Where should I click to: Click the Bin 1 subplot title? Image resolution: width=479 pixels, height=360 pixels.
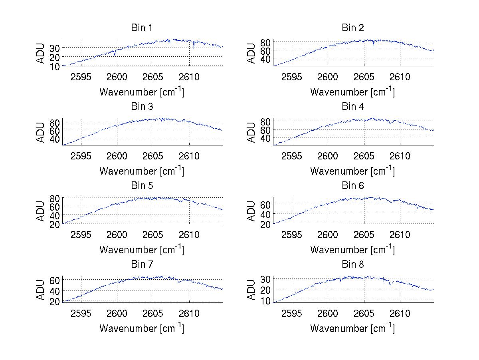(x=142, y=28)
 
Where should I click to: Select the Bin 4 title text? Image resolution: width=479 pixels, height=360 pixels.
(x=352, y=107)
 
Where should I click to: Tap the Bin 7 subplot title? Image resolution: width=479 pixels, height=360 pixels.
(x=142, y=265)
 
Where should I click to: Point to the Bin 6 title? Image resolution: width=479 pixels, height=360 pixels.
(x=352, y=186)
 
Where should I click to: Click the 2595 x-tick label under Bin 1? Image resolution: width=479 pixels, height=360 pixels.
(x=81, y=77)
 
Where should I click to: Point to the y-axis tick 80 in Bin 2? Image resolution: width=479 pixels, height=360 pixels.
(x=265, y=42)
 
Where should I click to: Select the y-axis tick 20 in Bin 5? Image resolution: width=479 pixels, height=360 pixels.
(x=55, y=224)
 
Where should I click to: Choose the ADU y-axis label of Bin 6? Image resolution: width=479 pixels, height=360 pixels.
(x=251, y=211)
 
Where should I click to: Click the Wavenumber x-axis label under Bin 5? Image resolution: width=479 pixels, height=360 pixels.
(x=142, y=250)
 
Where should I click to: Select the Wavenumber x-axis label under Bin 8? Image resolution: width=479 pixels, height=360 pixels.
(x=352, y=328)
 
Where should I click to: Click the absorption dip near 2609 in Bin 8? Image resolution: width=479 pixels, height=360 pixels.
(x=390, y=284)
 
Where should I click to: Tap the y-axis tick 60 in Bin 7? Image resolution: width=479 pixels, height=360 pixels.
(x=55, y=280)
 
